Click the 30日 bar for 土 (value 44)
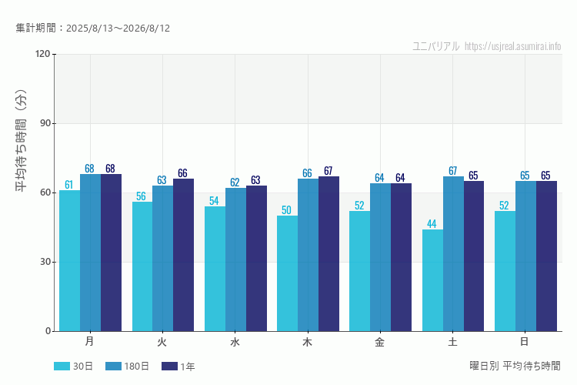432,280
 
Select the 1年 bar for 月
111,253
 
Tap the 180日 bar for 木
308,255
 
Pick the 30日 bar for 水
215,269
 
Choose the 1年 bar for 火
183,255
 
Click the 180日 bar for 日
526,256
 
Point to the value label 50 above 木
286,210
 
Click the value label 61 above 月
68,185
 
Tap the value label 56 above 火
141,196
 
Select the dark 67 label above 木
329,171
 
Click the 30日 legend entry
73,367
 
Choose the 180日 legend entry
127,367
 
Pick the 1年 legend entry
178,367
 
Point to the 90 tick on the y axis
45,123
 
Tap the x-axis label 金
380,342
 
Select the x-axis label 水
235,342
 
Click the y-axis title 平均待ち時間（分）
22,140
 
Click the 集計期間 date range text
93,28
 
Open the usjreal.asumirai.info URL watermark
512,46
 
